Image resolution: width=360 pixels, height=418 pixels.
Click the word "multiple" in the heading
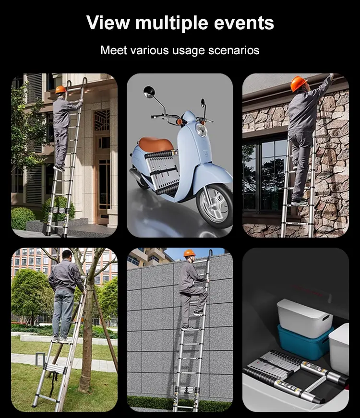click(171, 23)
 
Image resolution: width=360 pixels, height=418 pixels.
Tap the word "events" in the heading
click(244, 23)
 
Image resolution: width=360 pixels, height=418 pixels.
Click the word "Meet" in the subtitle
click(113, 50)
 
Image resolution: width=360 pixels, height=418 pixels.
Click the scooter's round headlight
click(202, 131)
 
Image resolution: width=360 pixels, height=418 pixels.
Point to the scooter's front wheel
click(215, 205)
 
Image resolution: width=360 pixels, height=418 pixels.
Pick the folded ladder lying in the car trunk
click(297, 376)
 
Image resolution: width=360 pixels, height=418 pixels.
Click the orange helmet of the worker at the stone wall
click(298, 83)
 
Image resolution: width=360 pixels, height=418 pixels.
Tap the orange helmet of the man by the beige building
click(61, 89)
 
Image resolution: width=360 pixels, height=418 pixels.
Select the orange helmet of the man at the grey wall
click(189, 253)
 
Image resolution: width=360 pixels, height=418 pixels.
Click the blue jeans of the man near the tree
click(63, 314)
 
